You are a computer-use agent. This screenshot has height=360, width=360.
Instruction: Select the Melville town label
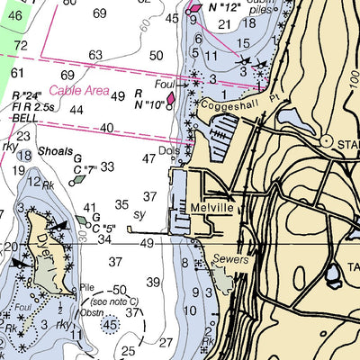click(x=212, y=207)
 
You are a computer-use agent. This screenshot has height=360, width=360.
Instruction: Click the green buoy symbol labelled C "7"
click(x=78, y=178)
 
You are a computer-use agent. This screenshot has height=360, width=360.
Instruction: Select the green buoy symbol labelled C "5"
click(x=83, y=220)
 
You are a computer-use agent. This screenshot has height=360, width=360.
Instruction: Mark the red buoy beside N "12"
click(x=195, y=8)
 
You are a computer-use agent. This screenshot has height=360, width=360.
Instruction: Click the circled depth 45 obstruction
click(x=110, y=324)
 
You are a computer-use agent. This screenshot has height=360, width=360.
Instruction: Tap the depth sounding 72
click(x=21, y=45)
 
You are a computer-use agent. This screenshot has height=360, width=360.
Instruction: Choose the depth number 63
click(x=94, y=56)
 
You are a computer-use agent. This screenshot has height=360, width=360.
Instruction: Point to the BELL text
click(x=24, y=118)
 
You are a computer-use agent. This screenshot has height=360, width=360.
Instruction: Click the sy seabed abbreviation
click(x=139, y=216)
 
